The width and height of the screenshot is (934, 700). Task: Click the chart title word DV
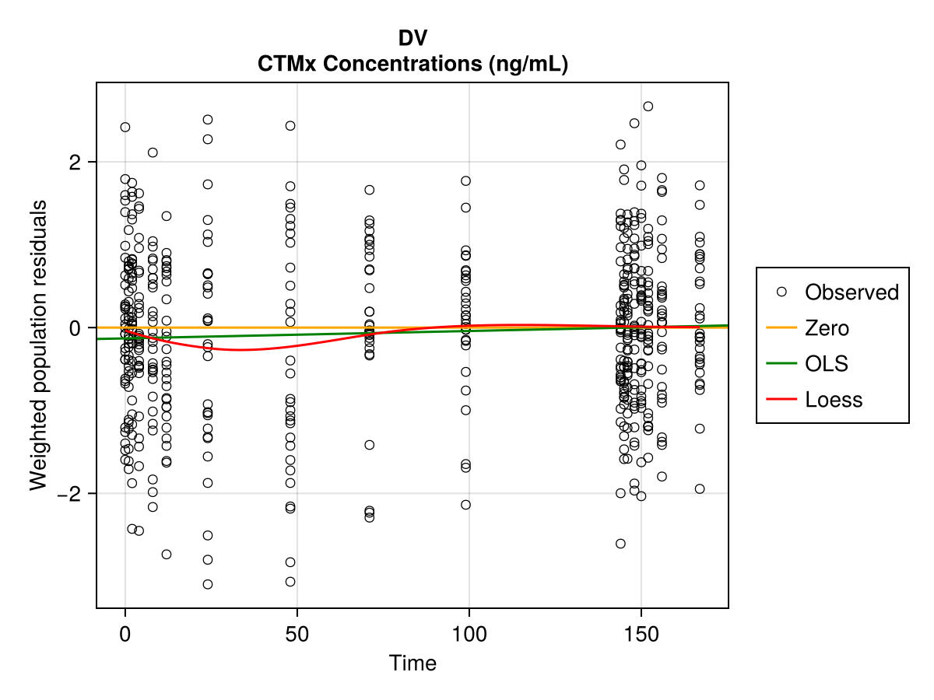coord(413,38)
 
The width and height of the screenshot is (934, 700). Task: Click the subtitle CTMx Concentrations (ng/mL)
coord(413,65)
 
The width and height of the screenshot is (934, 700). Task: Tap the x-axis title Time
coord(413,663)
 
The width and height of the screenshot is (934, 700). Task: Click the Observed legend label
coord(851,292)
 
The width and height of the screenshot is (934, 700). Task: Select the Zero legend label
coord(827,328)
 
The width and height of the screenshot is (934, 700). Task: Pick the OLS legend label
coord(827,363)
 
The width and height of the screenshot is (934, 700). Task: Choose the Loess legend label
coord(834,400)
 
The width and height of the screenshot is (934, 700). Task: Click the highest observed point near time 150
coord(648,107)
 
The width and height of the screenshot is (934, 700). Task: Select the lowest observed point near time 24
coord(208,584)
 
